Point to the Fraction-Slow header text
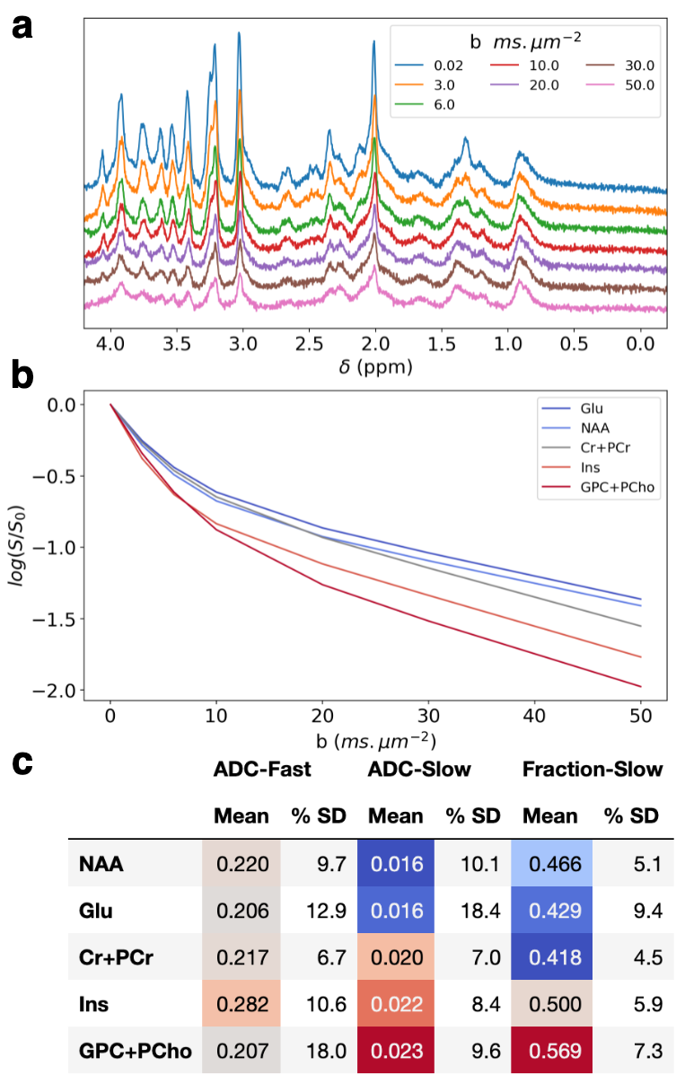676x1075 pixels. [593, 769]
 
